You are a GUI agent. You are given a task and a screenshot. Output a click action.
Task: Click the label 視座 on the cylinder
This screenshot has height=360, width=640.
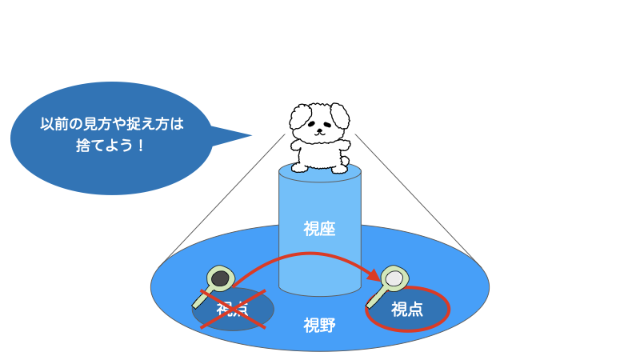(319, 229)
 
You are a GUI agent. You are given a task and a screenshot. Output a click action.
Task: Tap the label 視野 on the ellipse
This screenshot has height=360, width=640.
(319, 326)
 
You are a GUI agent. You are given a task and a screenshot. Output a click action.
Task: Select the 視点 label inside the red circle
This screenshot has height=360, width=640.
(407, 310)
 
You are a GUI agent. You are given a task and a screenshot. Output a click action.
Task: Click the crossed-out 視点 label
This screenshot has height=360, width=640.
(232, 309)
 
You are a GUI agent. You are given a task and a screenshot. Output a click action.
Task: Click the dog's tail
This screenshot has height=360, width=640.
(345, 161)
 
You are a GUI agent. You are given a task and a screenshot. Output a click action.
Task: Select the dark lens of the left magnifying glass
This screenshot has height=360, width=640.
(221, 278)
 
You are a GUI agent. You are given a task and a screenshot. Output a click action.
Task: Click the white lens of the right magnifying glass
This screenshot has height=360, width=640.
(394, 278)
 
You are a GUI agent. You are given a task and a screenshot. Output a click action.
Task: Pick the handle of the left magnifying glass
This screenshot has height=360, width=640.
(203, 298)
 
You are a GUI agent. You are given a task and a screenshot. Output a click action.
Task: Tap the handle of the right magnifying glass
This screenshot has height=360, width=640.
(377, 298)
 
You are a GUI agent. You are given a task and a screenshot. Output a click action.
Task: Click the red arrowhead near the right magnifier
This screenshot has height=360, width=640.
(374, 275)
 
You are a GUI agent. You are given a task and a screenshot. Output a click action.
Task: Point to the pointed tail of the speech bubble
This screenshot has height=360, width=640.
(251, 135)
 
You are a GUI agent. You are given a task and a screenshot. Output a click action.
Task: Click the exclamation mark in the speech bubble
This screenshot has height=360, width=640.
(141, 146)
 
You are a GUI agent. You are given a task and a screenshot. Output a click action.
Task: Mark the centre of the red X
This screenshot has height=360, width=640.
(233, 309)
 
